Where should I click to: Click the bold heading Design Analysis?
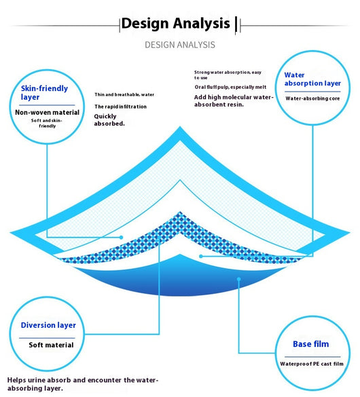pyautogui.click(x=175, y=24)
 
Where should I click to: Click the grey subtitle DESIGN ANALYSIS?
pyautogui.click(x=180, y=45)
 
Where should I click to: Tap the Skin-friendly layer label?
pyautogui.click(x=44, y=93)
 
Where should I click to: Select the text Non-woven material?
pyautogui.click(x=47, y=112)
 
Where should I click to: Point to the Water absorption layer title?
pyautogui.click(x=312, y=79)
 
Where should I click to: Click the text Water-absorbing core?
pyautogui.click(x=312, y=98)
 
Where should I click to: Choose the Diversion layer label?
pyautogui.click(x=48, y=325)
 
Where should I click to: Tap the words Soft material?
pyautogui.click(x=51, y=345)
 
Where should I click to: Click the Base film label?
pyautogui.click(x=311, y=344)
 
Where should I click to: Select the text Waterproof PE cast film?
pyautogui.click(x=312, y=364)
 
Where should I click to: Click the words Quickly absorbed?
pyautogui.click(x=109, y=120)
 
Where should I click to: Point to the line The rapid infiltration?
pyautogui.click(x=121, y=107)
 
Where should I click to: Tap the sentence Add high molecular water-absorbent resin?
pyautogui.click(x=234, y=100)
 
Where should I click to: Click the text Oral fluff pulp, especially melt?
pyautogui.click(x=230, y=87)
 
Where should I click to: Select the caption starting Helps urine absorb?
pyautogui.click(x=83, y=384)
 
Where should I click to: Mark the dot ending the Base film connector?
pyautogui.click(x=238, y=279)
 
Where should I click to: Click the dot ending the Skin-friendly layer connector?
pyautogui.click(x=122, y=238)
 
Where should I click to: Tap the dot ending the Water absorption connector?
pyautogui.click(x=201, y=257)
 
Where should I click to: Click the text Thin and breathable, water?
pyautogui.click(x=124, y=95)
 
